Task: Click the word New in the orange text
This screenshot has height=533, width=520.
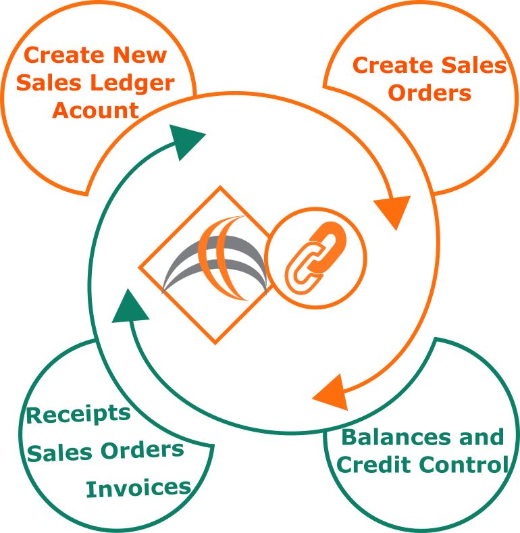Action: point(140,55)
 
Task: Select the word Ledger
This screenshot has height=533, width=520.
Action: point(132,84)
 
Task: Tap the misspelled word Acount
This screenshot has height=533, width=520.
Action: point(95,111)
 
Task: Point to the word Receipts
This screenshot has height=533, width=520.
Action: point(78,415)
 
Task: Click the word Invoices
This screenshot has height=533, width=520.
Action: point(138,488)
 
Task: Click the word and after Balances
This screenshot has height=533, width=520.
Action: point(482,437)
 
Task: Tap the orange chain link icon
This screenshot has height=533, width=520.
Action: point(315,258)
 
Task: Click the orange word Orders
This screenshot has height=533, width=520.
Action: point(430,93)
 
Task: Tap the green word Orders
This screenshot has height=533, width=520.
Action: point(142,451)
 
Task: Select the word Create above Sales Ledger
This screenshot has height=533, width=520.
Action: point(64,55)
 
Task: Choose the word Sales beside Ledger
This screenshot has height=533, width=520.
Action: point(49,82)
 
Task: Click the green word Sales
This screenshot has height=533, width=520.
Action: point(59,453)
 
